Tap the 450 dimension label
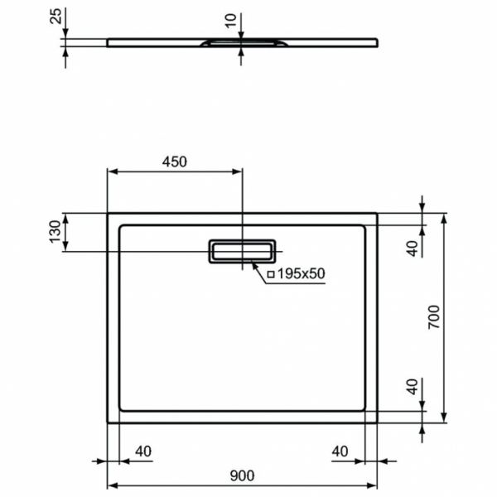[175, 162]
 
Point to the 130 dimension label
[55, 232]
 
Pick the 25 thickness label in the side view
[55, 17]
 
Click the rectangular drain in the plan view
[242, 250]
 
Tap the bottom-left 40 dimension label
[143, 451]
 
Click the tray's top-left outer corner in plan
[108, 213]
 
